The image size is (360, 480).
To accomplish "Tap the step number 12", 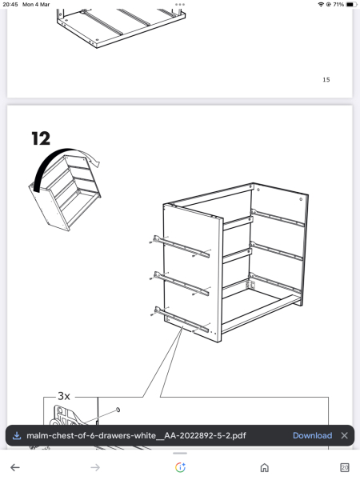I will click(40, 138).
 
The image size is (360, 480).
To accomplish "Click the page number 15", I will click(326, 80).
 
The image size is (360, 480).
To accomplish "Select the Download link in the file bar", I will click(312, 435).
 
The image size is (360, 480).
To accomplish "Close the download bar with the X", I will click(344, 435).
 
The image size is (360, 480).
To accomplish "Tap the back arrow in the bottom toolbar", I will click(14, 467).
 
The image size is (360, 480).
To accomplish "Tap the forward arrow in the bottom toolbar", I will click(95, 467).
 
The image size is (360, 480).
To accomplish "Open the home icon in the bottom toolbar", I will click(265, 467).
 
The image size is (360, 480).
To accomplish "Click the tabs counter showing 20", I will click(345, 467).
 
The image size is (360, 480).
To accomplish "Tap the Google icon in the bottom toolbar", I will click(180, 467).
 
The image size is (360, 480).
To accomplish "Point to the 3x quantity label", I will click(64, 396).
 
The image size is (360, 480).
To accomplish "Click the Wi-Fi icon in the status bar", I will click(321, 5).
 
